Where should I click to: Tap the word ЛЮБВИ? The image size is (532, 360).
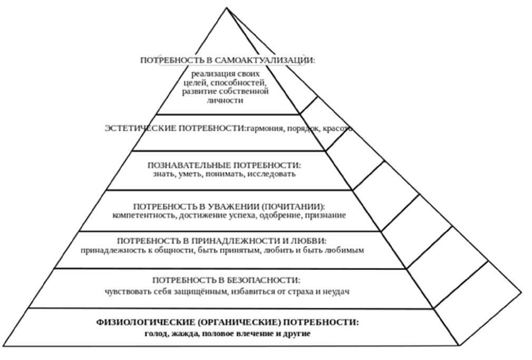(x=306, y=240)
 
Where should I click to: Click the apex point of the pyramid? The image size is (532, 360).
(x=227, y=7)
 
